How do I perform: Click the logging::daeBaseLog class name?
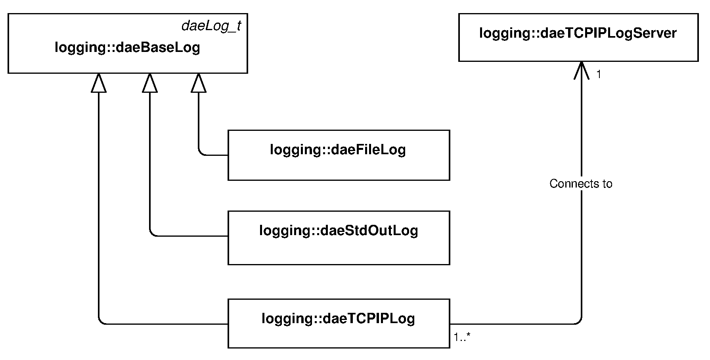click(x=127, y=48)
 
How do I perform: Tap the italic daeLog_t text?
click(x=211, y=26)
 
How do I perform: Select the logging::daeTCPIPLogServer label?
click(x=578, y=33)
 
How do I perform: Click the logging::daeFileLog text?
click(x=338, y=150)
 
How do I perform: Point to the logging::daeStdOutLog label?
click(x=339, y=231)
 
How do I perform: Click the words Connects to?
click(x=581, y=184)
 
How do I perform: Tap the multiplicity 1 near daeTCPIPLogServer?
click(x=599, y=75)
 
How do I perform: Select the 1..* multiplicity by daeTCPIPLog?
click(x=462, y=337)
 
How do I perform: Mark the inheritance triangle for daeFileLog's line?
click(x=199, y=83)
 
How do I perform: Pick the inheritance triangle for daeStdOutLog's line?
click(x=150, y=83)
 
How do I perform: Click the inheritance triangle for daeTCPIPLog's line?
click(x=99, y=83)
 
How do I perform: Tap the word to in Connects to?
click(x=607, y=184)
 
